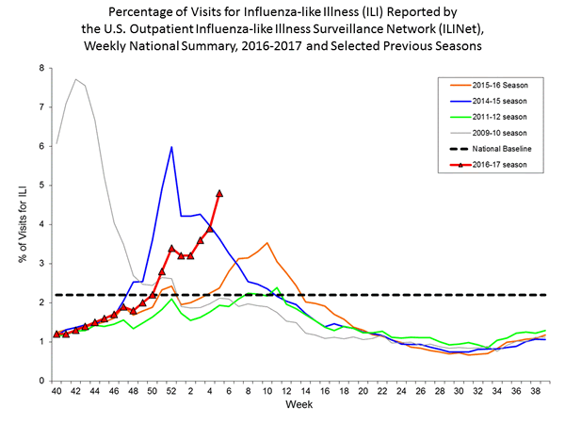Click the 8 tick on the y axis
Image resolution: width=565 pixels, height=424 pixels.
coord(41,68)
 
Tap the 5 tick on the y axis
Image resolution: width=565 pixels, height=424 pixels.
coord(41,186)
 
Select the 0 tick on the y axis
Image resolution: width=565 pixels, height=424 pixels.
coord(41,381)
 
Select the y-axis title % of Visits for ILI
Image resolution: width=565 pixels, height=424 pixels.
coord(20,224)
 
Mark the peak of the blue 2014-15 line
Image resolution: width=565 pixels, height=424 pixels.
coord(171,147)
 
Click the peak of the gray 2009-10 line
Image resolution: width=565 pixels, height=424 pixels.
coord(75,79)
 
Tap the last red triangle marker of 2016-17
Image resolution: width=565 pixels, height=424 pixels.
coord(219,193)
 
